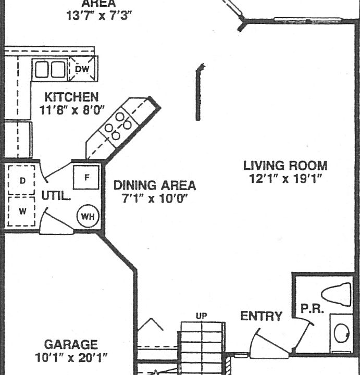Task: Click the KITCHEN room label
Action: (x=71, y=97)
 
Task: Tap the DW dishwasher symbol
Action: (x=82, y=69)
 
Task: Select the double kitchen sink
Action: (x=50, y=69)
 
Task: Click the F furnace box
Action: (x=86, y=177)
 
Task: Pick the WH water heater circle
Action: (x=88, y=216)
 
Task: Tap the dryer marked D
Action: (x=22, y=180)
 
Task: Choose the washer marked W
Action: (x=22, y=211)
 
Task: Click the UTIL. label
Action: (x=56, y=196)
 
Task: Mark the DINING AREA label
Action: (x=155, y=185)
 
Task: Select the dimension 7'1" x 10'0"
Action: (x=155, y=199)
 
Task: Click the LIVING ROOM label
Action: (x=285, y=166)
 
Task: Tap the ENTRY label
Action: (x=262, y=316)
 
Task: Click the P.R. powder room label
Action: (x=312, y=308)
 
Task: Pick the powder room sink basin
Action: (x=342, y=333)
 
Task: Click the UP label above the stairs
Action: (x=201, y=316)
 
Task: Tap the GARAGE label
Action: (x=70, y=344)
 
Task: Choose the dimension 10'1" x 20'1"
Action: (x=70, y=358)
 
